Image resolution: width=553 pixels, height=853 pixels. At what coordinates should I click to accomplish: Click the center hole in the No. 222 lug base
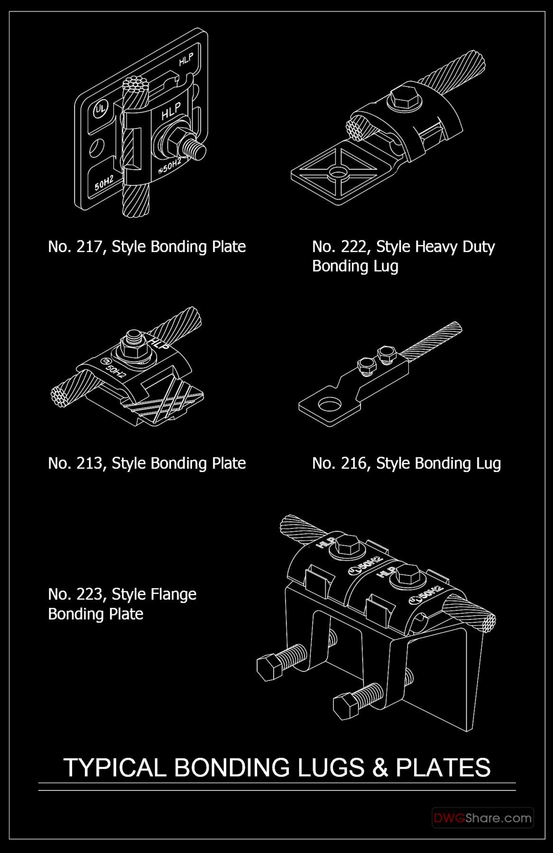click(x=339, y=171)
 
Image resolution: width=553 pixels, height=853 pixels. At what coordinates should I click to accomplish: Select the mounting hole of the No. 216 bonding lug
click(x=330, y=405)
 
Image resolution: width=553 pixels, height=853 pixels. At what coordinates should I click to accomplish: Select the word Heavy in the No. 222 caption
click(x=432, y=247)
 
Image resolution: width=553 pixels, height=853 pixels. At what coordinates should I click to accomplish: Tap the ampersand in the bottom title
click(x=380, y=767)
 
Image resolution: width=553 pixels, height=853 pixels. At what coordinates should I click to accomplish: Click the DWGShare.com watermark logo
click(x=482, y=818)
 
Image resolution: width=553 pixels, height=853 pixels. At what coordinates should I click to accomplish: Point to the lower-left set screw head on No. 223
click(x=268, y=667)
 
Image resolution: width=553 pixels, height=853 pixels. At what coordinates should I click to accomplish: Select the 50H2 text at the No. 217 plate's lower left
click(x=104, y=183)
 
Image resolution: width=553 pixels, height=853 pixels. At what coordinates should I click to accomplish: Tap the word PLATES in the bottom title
click(x=443, y=767)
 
